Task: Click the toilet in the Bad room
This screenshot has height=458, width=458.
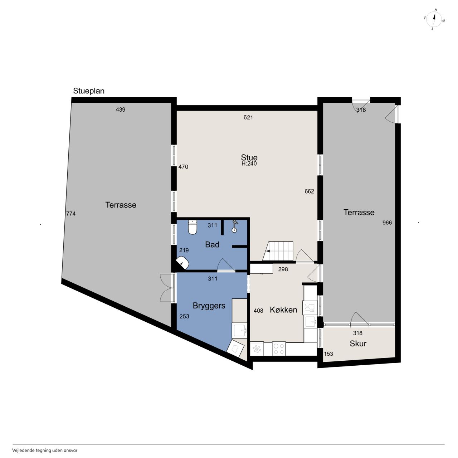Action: [x=192, y=227]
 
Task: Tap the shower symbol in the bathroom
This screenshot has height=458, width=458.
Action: [x=235, y=226]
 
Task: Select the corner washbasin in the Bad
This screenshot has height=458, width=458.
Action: [x=183, y=262]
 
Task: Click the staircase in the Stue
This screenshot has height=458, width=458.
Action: [x=278, y=251]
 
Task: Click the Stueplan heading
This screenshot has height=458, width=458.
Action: [x=89, y=91]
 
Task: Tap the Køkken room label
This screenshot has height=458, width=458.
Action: [x=283, y=310]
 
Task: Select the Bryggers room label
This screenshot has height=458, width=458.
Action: [x=209, y=306]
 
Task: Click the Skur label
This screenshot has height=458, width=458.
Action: [x=358, y=343]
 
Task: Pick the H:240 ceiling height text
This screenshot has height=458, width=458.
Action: [x=249, y=164]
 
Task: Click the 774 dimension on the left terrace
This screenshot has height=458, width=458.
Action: [x=71, y=214]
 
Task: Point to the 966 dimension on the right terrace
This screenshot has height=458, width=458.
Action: [x=387, y=223]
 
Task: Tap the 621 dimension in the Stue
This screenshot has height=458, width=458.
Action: [x=248, y=117]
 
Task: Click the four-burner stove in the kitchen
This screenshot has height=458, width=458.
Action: [x=279, y=349]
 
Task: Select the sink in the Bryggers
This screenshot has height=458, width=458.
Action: [x=240, y=330]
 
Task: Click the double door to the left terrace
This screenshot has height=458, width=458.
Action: [x=167, y=288]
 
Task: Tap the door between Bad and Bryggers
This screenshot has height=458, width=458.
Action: [x=226, y=265]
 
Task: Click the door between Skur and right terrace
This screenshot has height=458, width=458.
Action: [x=360, y=318]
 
